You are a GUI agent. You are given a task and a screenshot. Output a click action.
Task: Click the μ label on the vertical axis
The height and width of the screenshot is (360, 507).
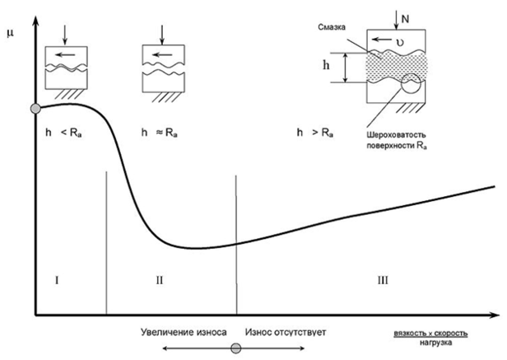[10, 33]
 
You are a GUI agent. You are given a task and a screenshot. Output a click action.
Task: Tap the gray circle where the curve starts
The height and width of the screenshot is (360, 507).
[35, 109]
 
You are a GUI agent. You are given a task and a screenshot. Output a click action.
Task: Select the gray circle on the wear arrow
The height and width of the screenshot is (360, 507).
[236, 348]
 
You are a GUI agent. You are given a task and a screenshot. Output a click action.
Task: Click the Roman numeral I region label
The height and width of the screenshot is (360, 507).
[57, 280]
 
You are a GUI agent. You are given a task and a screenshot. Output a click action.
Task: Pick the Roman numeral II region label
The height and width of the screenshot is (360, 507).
[160, 280]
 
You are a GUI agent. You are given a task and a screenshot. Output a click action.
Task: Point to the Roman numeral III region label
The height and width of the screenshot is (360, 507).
[383, 280]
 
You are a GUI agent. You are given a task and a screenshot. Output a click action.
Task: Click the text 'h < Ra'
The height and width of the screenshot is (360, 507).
[63, 133]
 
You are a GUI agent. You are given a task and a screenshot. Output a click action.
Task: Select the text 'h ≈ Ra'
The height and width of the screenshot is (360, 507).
[160, 133]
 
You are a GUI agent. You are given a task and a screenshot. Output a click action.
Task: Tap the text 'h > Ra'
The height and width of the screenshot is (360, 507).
[315, 133]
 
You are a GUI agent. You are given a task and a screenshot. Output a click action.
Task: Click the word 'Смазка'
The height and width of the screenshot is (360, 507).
[332, 27]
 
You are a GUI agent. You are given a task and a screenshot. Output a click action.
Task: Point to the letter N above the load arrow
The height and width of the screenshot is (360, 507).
[405, 19]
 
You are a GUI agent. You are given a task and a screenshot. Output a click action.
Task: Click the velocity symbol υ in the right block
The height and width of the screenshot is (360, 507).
[400, 42]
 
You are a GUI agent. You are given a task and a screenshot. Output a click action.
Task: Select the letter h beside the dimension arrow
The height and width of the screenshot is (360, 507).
[326, 65]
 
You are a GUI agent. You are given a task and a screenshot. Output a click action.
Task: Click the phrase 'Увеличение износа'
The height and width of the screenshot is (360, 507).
[184, 332]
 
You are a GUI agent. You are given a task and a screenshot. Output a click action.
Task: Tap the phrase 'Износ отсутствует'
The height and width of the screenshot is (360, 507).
[286, 332]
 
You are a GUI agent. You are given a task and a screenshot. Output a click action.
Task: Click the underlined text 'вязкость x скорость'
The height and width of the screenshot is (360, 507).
[430, 334]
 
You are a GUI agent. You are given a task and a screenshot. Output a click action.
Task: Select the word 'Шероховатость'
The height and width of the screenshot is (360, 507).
[396, 134]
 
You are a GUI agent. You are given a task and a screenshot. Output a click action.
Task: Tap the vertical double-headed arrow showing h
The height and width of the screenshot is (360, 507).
[346, 68]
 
